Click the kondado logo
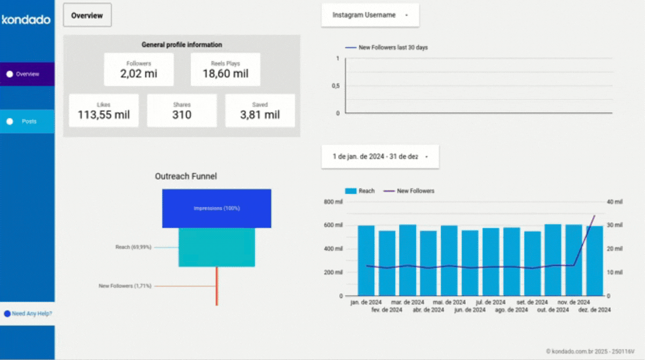(x=26, y=20)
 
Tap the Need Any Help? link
(x=31, y=314)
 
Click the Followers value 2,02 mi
(x=139, y=74)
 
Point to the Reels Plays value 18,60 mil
(x=225, y=74)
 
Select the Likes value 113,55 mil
(x=104, y=115)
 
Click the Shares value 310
(x=182, y=115)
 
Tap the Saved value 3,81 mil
(x=260, y=115)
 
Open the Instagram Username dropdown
(x=369, y=15)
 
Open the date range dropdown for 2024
(x=380, y=157)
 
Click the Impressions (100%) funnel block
(x=216, y=208)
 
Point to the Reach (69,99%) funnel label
(x=133, y=247)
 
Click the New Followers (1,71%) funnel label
(x=125, y=286)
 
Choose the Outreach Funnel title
(x=186, y=176)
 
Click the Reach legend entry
(x=360, y=191)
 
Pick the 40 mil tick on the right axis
(x=614, y=202)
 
